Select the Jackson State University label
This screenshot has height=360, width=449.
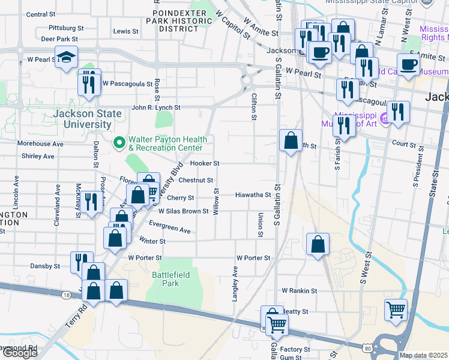[82, 119]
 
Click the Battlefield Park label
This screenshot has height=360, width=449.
[166, 279]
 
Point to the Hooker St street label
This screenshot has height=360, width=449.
[205, 163]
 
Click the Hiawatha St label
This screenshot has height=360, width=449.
[253, 195]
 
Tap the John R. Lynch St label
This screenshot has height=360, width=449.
[155, 107]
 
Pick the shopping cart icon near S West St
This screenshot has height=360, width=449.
[396, 310]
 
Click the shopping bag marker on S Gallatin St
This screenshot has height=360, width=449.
[291, 141]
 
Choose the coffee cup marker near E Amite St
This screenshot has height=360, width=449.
[408, 64]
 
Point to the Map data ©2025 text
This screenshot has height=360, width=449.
[424, 355]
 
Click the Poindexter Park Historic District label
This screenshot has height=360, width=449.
[182, 20]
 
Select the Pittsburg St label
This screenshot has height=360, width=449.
[66, 28]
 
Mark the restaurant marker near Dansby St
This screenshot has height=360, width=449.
[82, 262]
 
